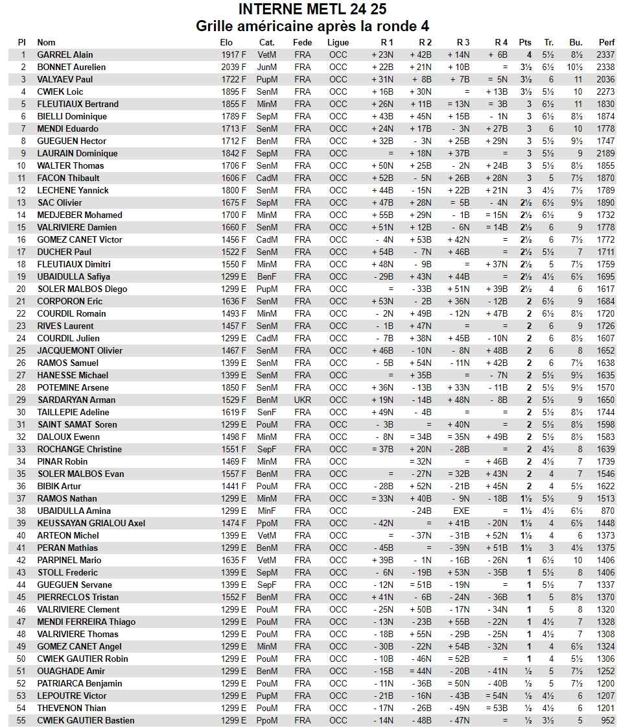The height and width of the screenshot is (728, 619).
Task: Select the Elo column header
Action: point(226,43)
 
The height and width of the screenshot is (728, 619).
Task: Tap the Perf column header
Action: point(605,43)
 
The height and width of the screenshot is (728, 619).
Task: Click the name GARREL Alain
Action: point(65,55)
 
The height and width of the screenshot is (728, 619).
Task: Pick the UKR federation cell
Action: point(302,400)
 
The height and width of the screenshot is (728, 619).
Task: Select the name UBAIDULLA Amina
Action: point(74,511)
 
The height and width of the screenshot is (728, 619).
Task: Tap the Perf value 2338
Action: point(605,67)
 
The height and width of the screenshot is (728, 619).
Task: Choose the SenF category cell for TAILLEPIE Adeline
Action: point(266,413)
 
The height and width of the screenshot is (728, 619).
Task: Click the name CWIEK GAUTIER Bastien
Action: point(86,721)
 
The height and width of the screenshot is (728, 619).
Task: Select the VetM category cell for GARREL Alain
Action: point(266,55)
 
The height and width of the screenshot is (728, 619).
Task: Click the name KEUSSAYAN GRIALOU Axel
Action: point(91,524)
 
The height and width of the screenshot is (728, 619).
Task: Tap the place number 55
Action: point(21,721)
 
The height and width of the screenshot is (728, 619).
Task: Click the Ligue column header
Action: point(338,43)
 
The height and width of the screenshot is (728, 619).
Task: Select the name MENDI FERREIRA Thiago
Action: point(86,622)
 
